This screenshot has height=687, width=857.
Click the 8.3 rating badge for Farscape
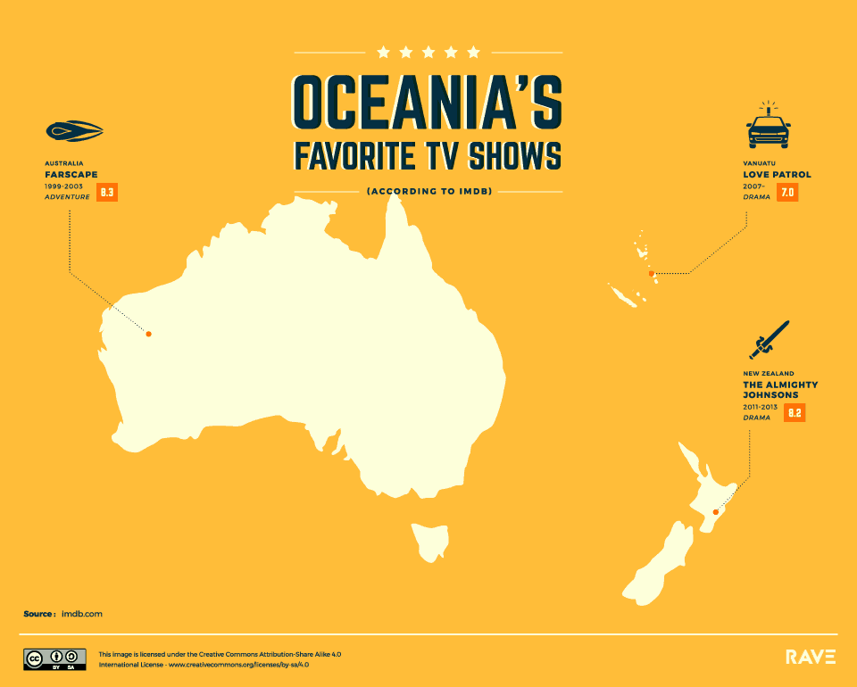[x=108, y=192]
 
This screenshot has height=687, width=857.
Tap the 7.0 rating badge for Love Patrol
[x=786, y=192]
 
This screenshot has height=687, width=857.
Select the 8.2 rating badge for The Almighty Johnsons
[x=795, y=412]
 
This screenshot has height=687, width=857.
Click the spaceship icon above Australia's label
[x=74, y=132]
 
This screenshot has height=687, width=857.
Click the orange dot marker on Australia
[x=149, y=335]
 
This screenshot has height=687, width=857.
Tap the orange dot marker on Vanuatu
[x=652, y=273]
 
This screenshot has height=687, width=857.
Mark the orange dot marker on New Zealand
[x=716, y=512]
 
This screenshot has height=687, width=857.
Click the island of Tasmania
[x=428, y=540]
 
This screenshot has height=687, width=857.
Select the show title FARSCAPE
[x=71, y=175]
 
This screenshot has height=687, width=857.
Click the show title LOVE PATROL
[x=777, y=175]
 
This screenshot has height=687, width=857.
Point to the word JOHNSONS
[x=769, y=395]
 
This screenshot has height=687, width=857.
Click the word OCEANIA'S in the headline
[x=428, y=103]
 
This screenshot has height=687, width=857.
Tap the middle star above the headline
[x=428, y=52]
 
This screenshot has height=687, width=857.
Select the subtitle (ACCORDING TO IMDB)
[x=428, y=190]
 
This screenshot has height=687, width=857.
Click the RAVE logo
[x=811, y=658]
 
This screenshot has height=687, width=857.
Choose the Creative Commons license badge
[x=54, y=659]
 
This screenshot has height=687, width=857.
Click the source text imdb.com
[x=82, y=615]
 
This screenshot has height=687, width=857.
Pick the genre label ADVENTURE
[x=67, y=197]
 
